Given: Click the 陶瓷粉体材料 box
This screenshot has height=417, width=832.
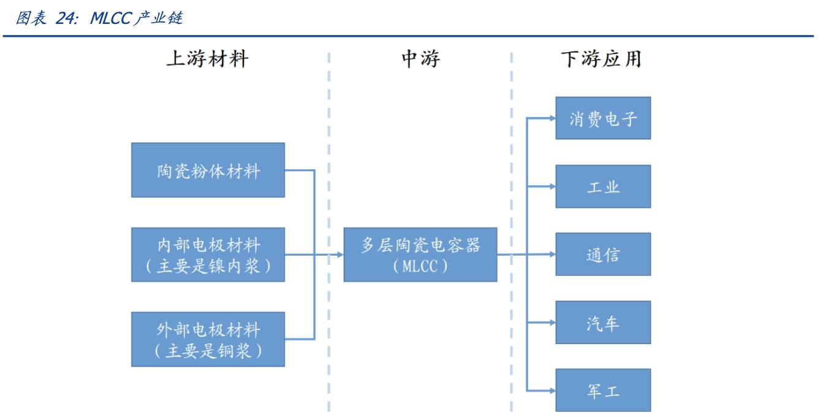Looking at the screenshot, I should coord(208,170).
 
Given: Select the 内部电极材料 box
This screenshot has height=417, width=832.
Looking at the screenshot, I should coord(208,254).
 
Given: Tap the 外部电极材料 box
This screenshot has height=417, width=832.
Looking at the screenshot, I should coord(208,339).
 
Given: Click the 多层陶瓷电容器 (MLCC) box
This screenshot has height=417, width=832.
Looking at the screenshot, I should coord(420,254).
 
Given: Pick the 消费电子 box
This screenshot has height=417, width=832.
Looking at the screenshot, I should coord(603,118).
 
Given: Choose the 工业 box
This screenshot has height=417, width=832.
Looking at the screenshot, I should coord(603,186).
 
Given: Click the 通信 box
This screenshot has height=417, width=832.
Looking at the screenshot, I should coord(603,254).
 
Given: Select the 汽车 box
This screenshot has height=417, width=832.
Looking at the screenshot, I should coord(603,323).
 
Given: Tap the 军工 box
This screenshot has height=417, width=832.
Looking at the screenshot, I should coord(603,390).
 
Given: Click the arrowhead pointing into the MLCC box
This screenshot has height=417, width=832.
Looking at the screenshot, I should coord(340,254).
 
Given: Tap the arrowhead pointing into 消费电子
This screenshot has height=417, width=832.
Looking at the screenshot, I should coord(552,118).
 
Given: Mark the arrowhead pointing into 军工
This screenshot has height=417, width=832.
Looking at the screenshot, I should coord(552,390).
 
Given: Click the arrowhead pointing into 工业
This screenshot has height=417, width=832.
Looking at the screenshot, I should coord(552,186).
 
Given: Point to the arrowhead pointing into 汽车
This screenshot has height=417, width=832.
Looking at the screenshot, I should coord(552,323).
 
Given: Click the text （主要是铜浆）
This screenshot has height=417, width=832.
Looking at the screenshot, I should coord(208,350).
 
